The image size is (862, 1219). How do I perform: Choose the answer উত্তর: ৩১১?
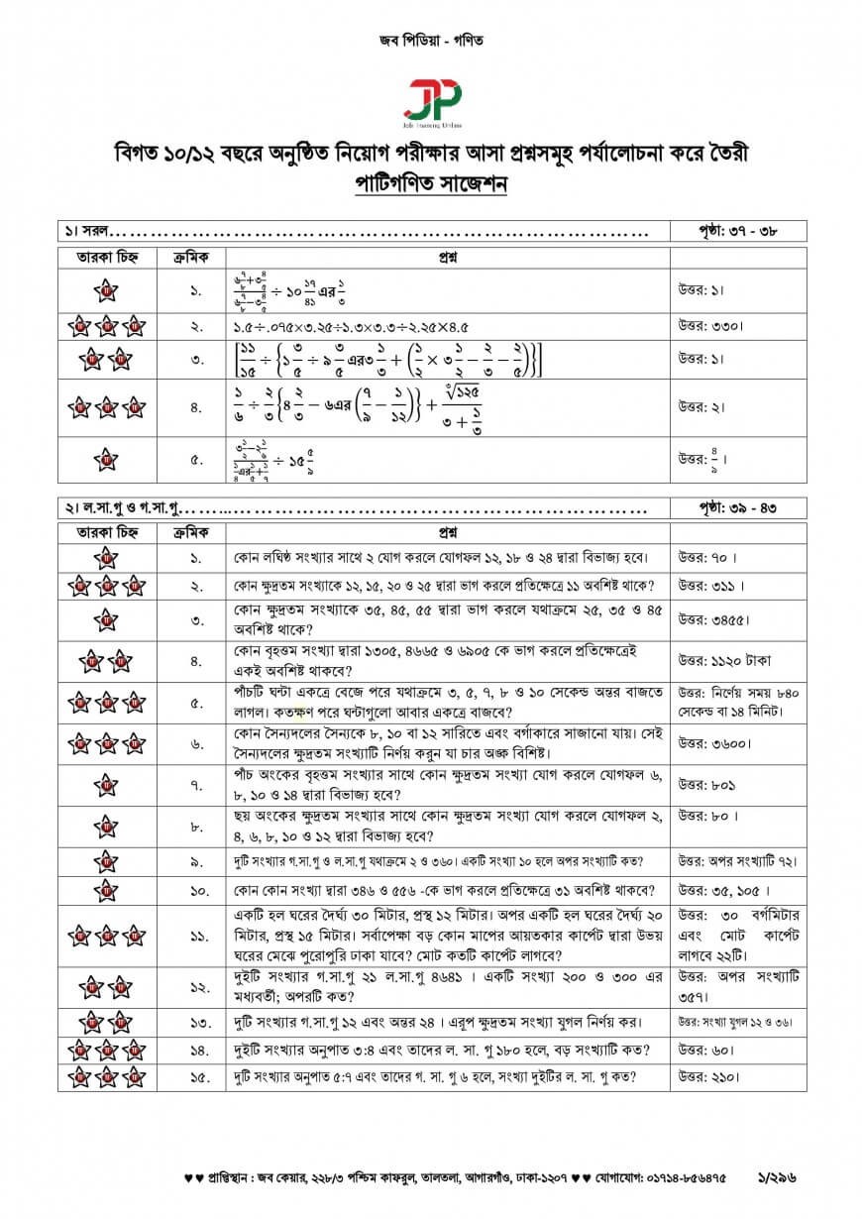pyautogui.click(x=710, y=586)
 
